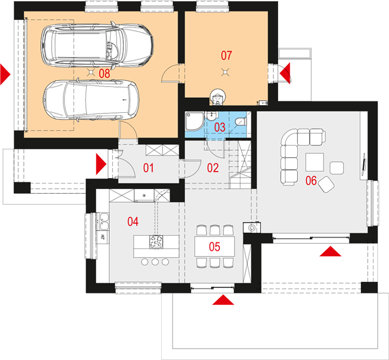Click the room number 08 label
104,73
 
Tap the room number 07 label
226,55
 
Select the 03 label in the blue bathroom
219,127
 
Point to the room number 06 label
311,181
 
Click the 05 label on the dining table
215,247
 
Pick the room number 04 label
132,221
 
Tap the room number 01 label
149,168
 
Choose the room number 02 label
213,168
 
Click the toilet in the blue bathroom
240,122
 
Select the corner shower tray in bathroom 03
194,121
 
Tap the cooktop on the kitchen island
156,241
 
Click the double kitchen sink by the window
104,221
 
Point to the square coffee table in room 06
315,162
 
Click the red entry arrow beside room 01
101,164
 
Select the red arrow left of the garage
5,74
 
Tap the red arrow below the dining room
223,299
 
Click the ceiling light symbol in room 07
225,72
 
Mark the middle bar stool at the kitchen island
155,262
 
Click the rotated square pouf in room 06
326,184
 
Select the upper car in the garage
97,46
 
